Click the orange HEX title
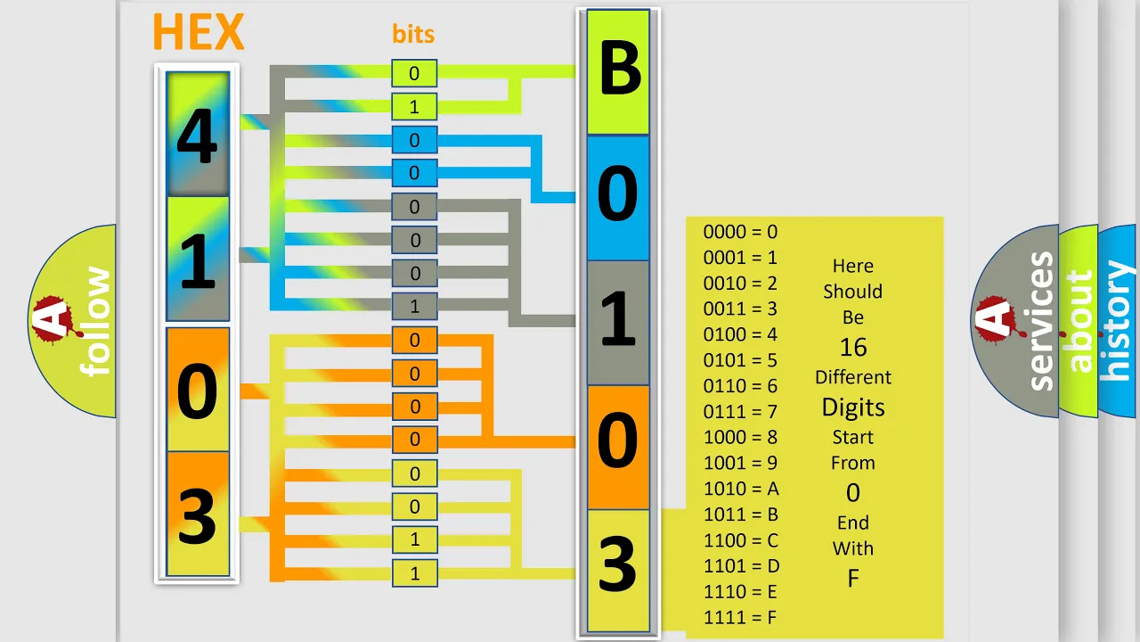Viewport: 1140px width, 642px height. coord(199,31)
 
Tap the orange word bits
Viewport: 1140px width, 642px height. coord(413,34)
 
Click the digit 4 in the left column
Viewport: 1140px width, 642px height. coord(198,136)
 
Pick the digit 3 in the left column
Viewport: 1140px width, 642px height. coord(198,516)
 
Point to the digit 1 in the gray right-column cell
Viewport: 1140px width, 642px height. coord(618,318)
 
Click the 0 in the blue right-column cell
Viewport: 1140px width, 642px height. coord(618,193)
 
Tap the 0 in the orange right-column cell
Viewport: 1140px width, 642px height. coord(618,440)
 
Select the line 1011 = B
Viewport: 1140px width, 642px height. coord(741,514)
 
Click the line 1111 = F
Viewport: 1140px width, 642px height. coord(740,618)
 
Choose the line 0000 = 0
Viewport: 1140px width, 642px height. coord(740,232)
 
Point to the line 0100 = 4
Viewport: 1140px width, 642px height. coord(740,334)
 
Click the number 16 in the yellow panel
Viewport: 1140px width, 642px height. coord(853,348)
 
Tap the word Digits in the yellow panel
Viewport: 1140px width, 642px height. coord(853,407)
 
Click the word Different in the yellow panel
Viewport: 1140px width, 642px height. coord(853,377)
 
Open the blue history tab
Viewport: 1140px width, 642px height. coord(1118,321)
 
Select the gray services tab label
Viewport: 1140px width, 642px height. coord(1041,321)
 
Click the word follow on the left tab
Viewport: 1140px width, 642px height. coord(95,321)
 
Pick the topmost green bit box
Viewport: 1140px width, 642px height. coord(414,73)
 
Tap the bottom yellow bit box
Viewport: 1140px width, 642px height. coord(414,573)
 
